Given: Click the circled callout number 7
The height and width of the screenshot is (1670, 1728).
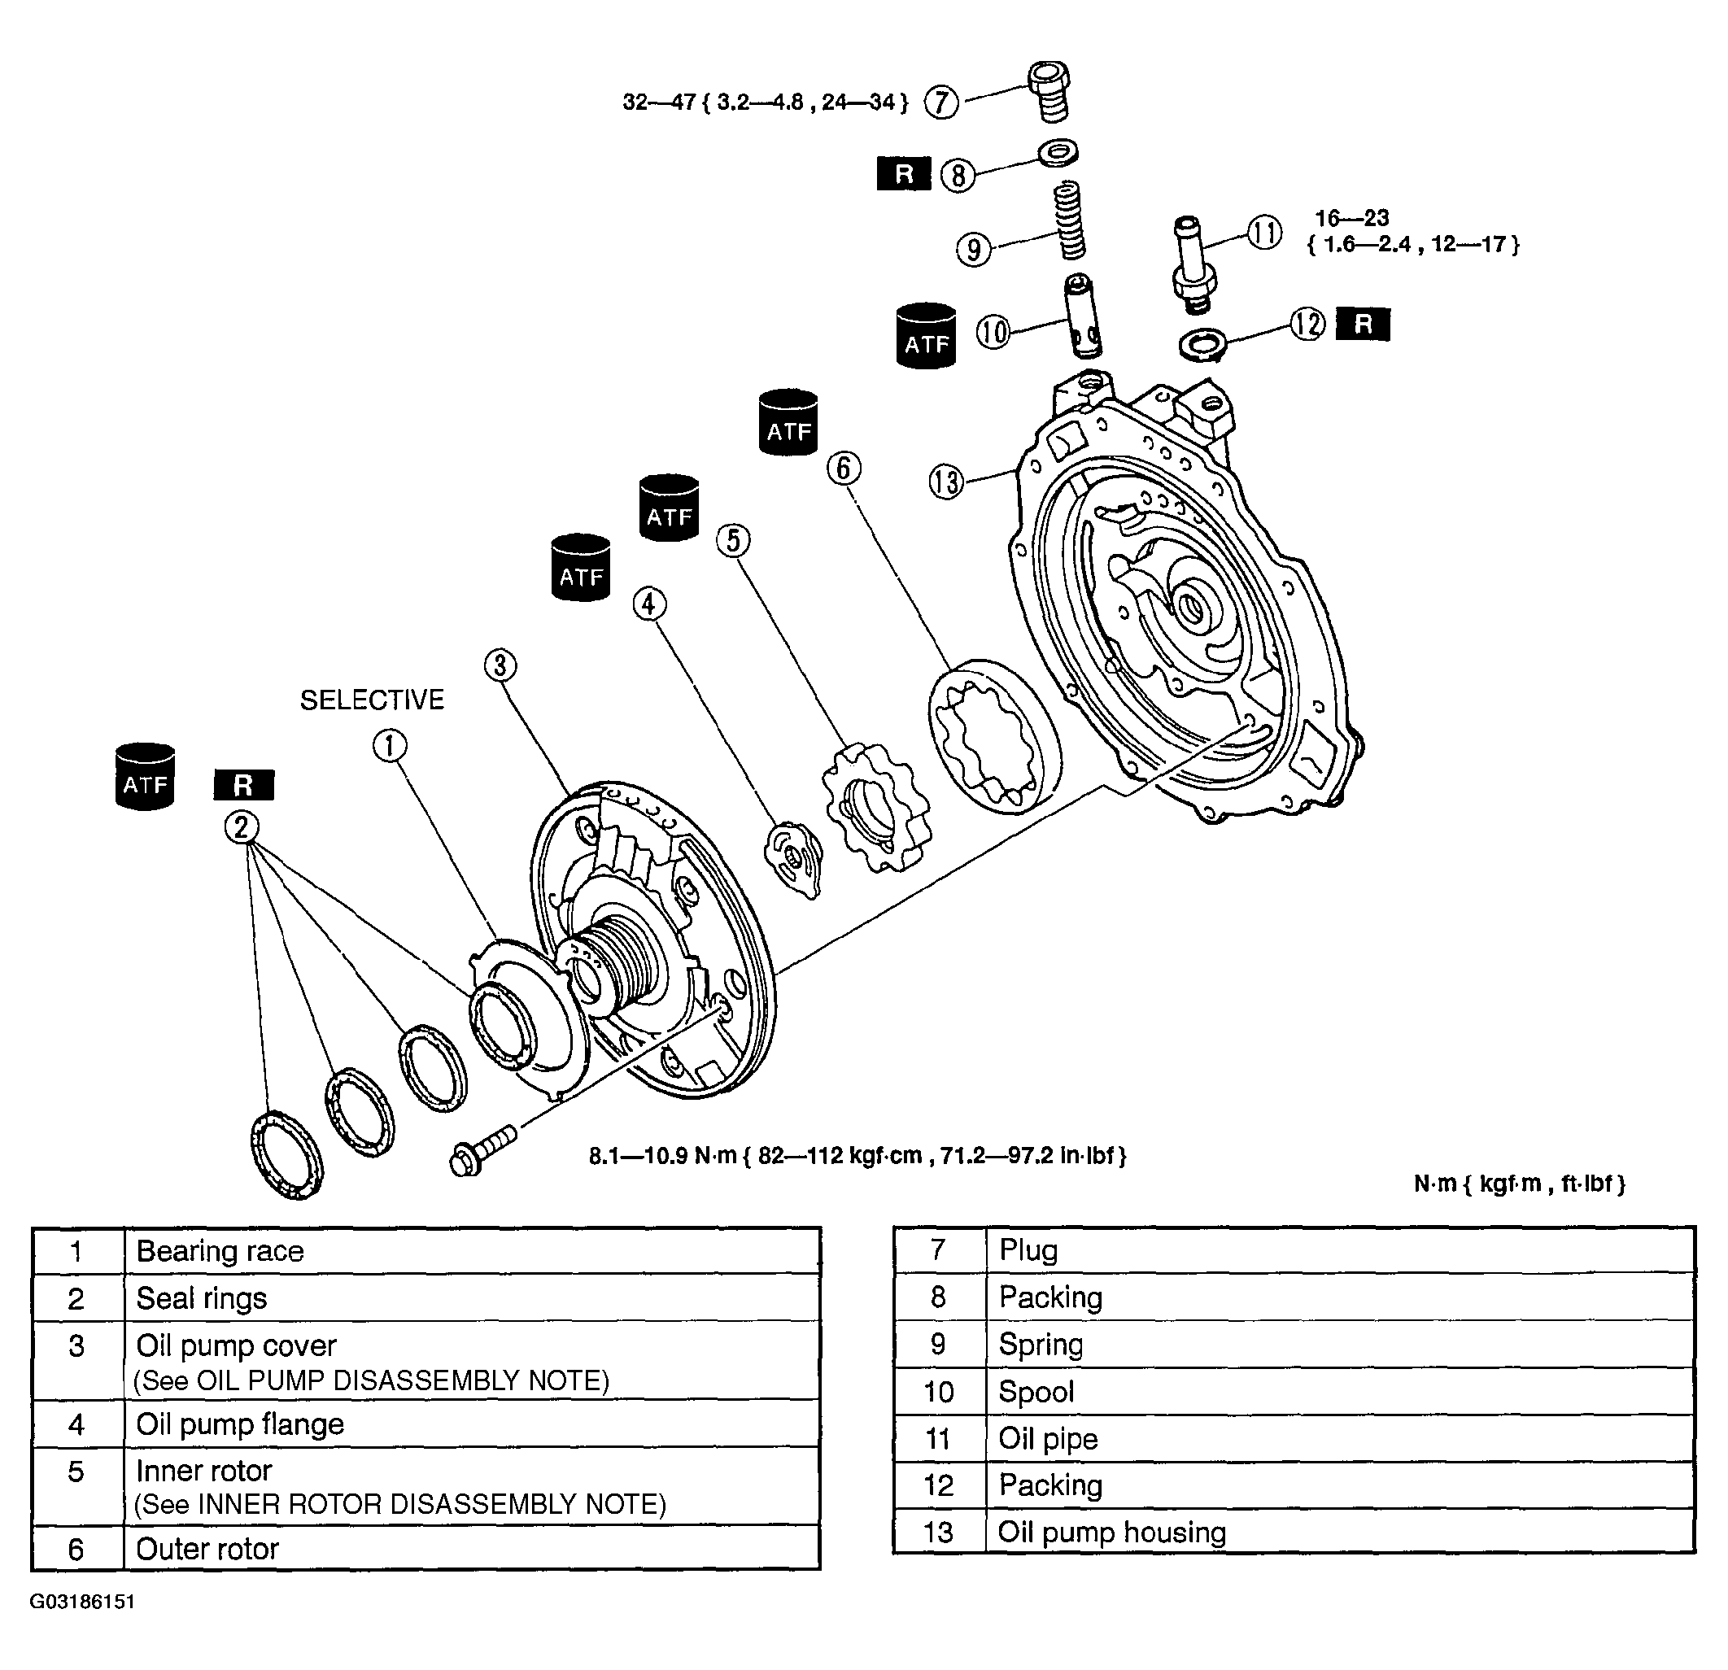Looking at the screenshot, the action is (x=940, y=102).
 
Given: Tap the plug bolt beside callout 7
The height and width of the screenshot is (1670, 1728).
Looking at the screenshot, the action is (x=1049, y=91).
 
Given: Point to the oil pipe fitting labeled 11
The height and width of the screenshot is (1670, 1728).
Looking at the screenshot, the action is (x=1193, y=264).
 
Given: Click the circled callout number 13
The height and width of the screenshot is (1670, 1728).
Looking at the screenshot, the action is (x=946, y=482).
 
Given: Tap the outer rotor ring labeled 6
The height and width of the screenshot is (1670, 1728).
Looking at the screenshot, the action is (x=995, y=735).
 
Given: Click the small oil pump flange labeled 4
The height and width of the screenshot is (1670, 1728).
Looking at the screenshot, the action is (x=793, y=859).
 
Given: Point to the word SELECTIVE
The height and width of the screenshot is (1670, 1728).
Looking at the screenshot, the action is (x=372, y=700).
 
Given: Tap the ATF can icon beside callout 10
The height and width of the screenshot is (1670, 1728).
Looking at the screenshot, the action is (x=926, y=336).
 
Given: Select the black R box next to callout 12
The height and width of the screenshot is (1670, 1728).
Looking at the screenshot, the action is (x=1363, y=325).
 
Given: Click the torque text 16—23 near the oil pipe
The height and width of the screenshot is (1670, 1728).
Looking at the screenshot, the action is (x=1351, y=218).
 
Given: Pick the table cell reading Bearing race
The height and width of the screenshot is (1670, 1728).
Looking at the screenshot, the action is (x=473, y=1251).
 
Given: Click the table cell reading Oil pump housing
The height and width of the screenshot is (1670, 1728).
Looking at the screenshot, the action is (x=1340, y=1533).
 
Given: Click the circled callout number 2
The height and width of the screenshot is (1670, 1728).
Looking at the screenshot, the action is (x=242, y=828).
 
